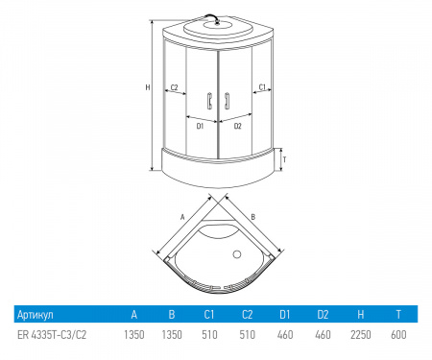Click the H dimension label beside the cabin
click(148, 87)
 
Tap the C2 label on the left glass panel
click(174, 87)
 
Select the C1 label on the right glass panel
click(262, 87)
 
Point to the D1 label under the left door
click(200, 126)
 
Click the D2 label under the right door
click(237, 126)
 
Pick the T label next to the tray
click(284, 159)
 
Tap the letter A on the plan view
click(182, 217)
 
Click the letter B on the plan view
click(252, 217)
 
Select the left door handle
click(209, 101)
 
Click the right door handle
click(227, 101)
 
